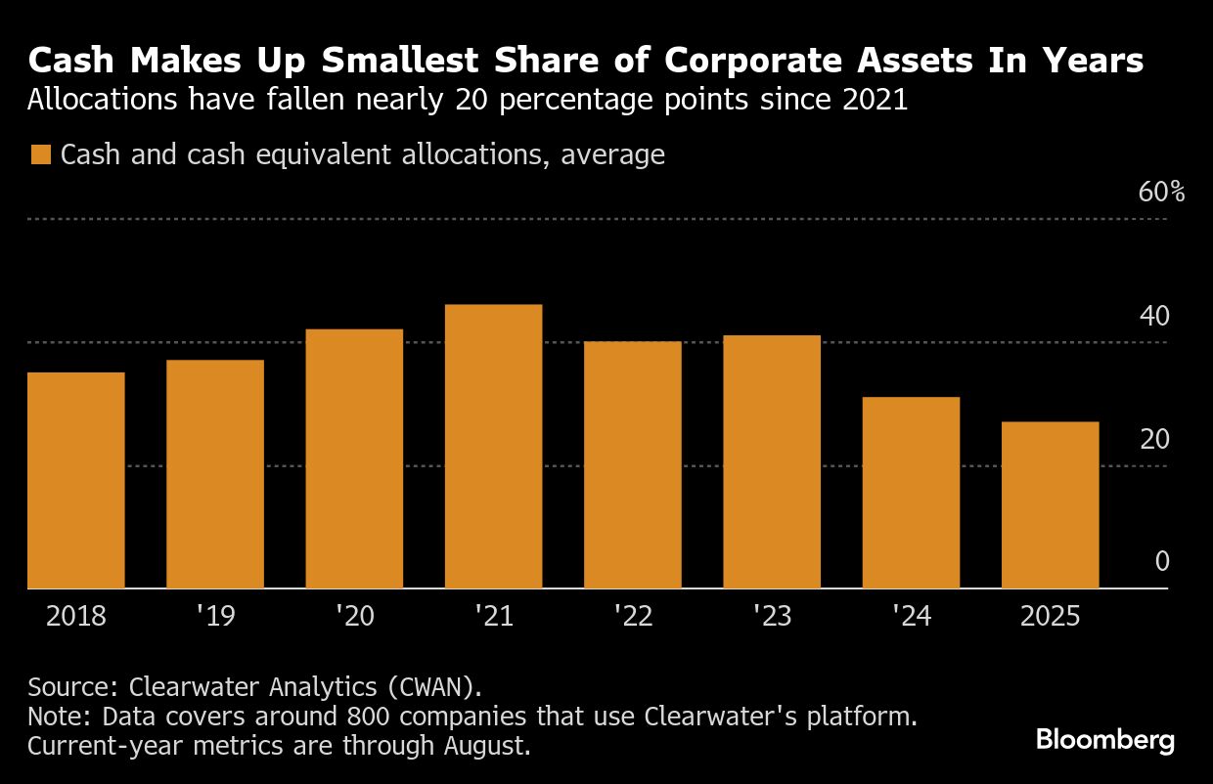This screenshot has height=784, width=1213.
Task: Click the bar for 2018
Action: click(76, 480)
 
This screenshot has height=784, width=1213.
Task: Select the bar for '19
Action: click(215, 474)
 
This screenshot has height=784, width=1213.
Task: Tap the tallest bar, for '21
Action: click(493, 447)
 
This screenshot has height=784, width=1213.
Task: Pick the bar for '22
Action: click(632, 464)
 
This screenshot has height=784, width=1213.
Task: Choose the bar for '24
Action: click(911, 493)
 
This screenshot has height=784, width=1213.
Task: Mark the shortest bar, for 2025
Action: click(1050, 504)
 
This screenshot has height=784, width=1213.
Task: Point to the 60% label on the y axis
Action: click(1162, 192)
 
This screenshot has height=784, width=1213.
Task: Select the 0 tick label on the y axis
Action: click(1162, 562)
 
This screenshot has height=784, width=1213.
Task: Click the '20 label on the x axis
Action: click(354, 617)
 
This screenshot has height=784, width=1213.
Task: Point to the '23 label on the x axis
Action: click(772, 617)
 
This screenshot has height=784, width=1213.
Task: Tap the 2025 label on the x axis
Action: click(1050, 617)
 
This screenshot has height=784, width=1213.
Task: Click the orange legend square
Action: click(40, 155)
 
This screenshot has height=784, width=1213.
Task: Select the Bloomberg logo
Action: click(1104, 740)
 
